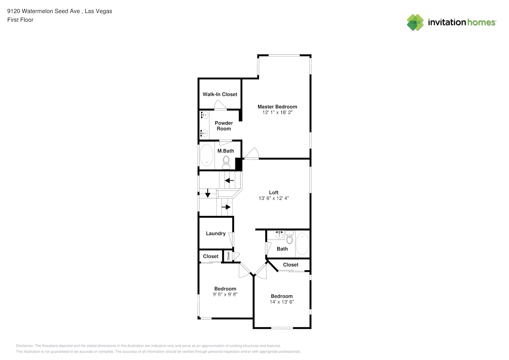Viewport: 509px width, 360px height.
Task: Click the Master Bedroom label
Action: (277, 107)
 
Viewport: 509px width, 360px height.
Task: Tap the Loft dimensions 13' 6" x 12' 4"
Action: (274, 198)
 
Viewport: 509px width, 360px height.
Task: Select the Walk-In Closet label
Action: (220, 94)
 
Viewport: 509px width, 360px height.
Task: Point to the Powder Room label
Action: (224, 126)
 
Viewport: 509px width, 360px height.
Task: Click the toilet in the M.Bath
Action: (226, 162)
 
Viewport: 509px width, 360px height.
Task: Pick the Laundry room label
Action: (216, 233)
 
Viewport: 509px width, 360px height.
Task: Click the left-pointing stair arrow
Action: (229, 180)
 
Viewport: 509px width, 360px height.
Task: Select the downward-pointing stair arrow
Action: (208, 194)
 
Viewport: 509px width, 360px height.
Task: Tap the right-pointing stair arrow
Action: (226, 207)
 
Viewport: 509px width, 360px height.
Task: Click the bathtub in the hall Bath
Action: (302, 244)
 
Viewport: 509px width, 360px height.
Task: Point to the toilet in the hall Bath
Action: (290, 238)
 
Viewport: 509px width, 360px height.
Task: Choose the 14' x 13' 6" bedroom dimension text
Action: (281, 302)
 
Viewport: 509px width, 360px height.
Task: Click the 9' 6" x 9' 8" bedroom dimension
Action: (225, 294)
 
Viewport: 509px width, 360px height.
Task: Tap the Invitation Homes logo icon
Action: (415, 22)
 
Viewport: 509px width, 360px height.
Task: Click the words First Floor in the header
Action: (20, 20)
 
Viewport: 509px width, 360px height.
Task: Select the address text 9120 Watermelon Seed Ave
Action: (44, 11)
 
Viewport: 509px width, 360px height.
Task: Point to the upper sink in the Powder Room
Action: (204, 115)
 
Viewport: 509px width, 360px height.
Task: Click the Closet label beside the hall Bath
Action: (290, 265)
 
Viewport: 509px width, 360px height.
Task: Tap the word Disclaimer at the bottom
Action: (24, 346)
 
